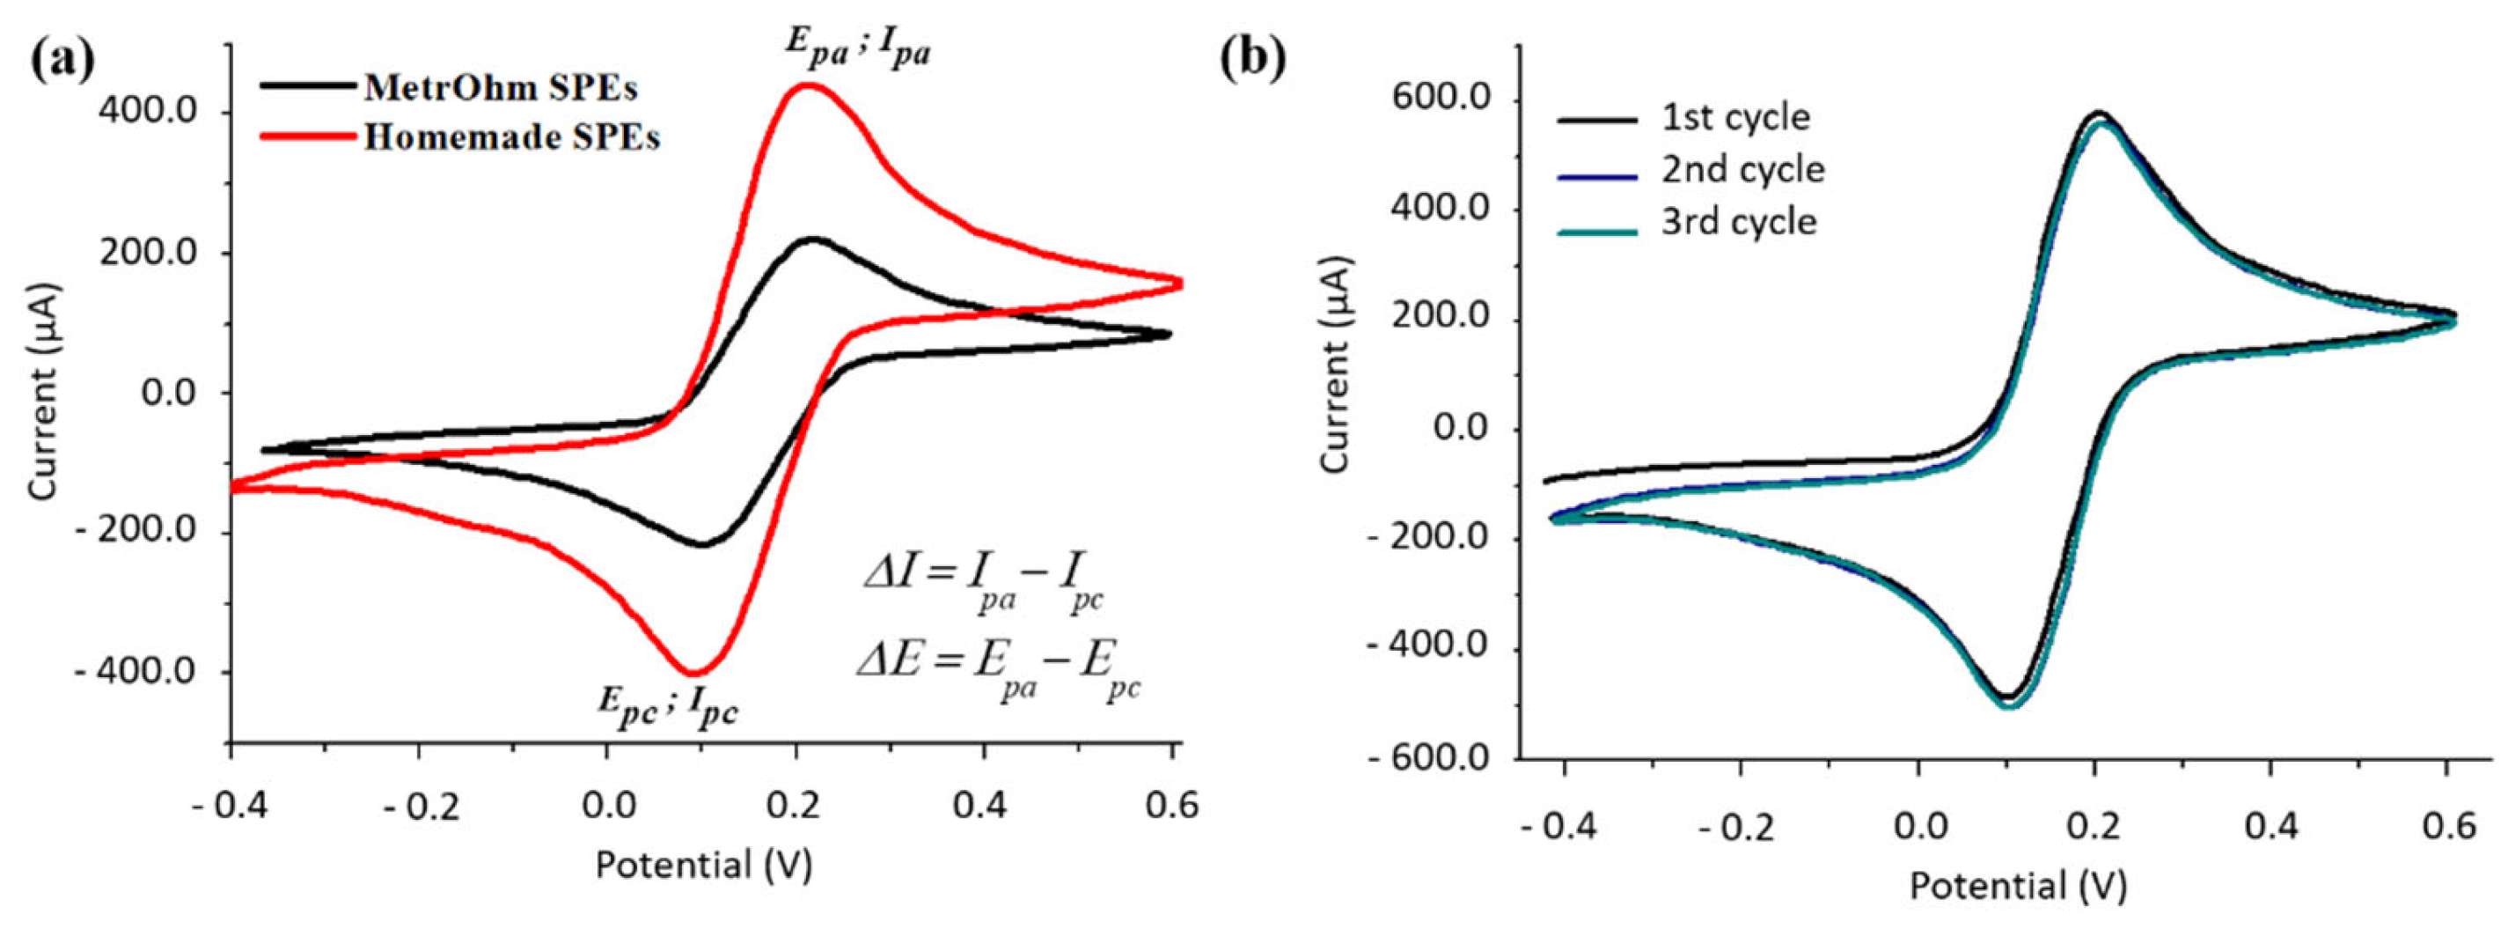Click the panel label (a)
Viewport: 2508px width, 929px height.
coord(63,61)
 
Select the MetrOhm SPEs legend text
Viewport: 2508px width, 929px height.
coord(501,88)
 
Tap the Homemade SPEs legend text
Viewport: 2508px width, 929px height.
coord(512,137)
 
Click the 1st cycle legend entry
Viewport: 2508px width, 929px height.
coord(1736,117)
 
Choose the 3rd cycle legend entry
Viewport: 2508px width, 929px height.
coord(1739,222)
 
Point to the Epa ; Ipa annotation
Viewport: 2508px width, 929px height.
coord(858,48)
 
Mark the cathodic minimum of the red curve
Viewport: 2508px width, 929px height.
coord(693,673)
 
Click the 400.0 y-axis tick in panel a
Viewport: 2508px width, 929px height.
coord(148,113)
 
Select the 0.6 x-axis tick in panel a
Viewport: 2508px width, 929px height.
coord(1170,807)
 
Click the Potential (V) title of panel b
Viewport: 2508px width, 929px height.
coord(2018,886)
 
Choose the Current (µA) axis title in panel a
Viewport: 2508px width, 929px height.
coord(44,393)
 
